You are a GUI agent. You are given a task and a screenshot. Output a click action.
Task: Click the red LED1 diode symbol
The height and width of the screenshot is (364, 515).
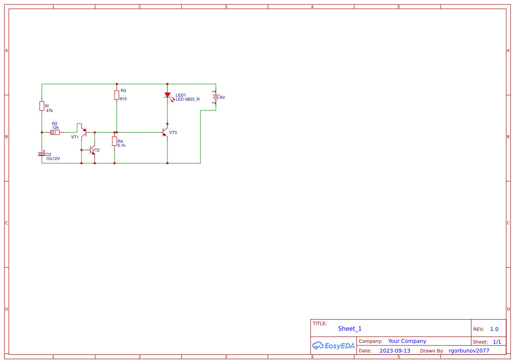(167, 95)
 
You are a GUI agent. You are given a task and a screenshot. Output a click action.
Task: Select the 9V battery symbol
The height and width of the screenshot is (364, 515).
(215, 97)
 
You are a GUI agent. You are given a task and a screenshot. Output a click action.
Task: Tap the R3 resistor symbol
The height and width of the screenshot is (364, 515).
(117, 95)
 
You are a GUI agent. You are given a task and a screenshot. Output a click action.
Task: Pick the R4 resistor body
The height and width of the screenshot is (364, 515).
(115, 141)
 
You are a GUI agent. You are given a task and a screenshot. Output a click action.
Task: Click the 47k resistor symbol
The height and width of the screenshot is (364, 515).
(42, 106)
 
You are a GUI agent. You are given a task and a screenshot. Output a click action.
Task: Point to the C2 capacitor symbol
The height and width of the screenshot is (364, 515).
(42, 154)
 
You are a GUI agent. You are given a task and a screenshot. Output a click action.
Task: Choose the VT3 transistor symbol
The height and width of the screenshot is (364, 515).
(165, 132)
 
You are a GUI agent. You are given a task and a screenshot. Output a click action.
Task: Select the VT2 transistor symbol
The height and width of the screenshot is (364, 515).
(93, 150)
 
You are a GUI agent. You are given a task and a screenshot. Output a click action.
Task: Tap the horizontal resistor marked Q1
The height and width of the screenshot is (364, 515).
(55, 132)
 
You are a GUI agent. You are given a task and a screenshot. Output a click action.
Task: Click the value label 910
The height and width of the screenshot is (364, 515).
(123, 99)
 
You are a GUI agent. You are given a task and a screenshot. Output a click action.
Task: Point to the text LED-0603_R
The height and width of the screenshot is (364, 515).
(188, 99)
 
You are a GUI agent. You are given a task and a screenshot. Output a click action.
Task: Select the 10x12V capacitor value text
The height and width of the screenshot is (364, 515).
(53, 159)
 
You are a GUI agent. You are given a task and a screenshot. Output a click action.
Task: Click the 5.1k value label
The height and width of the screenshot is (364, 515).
(122, 145)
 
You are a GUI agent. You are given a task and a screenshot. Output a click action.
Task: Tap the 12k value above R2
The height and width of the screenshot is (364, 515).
(56, 128)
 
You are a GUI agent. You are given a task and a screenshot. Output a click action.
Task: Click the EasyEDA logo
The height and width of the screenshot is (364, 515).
(333, 346)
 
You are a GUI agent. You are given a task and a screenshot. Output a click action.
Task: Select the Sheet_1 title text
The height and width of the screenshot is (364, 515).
(350, 329)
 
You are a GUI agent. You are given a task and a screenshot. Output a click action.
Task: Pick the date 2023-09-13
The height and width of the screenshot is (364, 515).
(395, 351)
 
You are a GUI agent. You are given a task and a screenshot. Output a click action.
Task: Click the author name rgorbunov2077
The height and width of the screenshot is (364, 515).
(469, 351)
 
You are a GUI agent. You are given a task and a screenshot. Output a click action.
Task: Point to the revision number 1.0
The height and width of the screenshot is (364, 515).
(494, 329)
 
